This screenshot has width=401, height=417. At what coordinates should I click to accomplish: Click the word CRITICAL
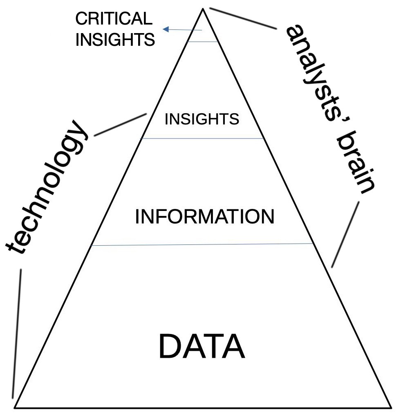114,18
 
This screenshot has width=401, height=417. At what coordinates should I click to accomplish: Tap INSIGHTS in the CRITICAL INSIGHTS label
116,40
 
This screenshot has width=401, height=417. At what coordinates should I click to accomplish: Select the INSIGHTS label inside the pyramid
202,119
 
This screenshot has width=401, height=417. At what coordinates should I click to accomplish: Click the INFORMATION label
204,217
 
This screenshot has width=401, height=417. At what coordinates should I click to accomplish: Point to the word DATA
202,346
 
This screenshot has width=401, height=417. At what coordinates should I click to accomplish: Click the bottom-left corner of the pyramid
16,407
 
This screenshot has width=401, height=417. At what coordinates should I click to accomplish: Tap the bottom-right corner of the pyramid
391,407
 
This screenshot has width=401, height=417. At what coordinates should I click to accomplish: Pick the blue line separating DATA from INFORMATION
202,244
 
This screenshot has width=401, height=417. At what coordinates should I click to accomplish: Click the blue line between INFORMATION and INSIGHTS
202,139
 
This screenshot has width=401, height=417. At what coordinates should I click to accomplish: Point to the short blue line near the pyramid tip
202,42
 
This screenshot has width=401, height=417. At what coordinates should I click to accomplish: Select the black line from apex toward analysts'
244,18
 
